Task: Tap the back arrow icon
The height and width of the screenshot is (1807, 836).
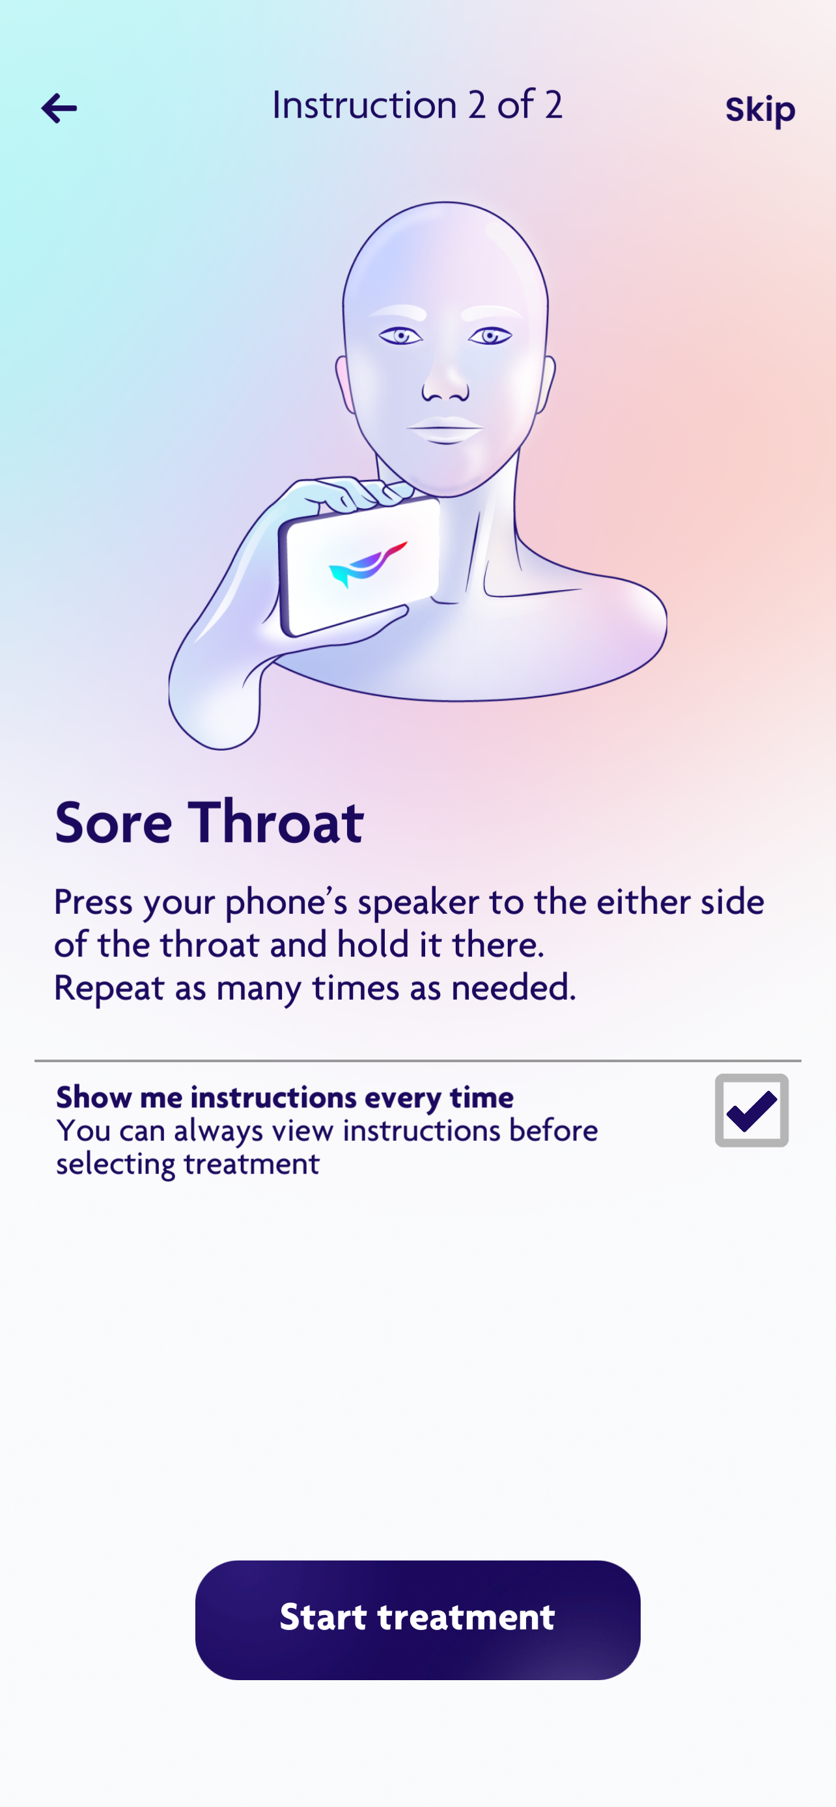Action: click(x=59, y=109)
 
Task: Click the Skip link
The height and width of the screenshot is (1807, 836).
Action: click(x=760, y=109)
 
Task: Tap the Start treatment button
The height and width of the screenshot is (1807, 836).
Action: click(x=417, y=1620)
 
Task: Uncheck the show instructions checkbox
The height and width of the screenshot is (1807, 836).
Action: click(x=752, y=1110)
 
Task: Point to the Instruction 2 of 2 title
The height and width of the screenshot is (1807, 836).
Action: click(x=417, y=105)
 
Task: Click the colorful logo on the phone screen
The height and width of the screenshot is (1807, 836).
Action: click(x=369, y=564)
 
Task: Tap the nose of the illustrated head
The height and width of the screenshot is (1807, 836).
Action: click(x=446, y=382)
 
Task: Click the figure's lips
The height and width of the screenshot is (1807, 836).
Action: click(x=446, y=429)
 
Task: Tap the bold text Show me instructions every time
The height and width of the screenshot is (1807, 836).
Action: click(x=285, y=1097)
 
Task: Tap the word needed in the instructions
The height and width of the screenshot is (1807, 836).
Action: click(x=513, y=987)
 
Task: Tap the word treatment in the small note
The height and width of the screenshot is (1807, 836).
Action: click(x=252, y=1164)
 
